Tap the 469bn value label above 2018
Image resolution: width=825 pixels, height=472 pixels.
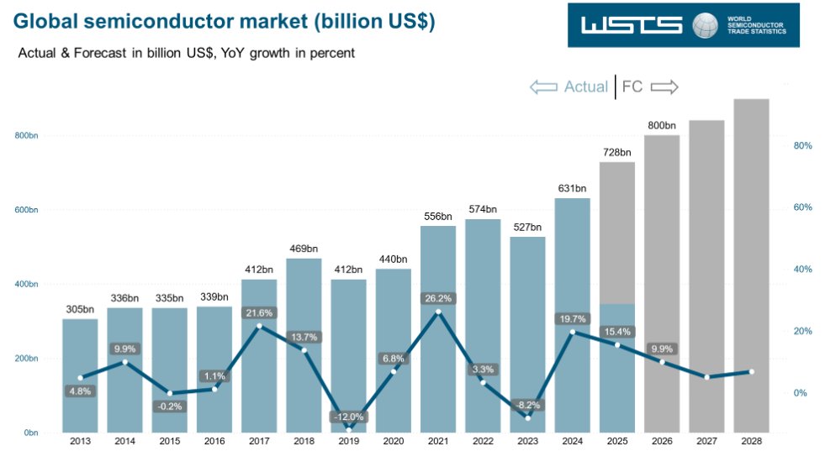[303, 249]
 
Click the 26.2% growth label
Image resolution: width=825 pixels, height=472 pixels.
[438, 297]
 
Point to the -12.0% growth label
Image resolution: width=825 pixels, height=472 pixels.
[348, 417]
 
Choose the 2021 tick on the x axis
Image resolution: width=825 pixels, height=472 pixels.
[438, 441]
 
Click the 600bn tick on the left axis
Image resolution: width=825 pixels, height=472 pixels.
[27, 210]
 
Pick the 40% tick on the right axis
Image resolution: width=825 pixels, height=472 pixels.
[802, 270]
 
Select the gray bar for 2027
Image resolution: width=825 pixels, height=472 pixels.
[706, 276]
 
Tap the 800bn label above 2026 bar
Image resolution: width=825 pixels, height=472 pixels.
[662, 125]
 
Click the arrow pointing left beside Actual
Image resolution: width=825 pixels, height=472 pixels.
[543, 87]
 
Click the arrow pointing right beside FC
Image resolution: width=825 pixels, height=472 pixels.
[664, 87]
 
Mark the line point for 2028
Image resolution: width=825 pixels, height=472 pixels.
[751, 371]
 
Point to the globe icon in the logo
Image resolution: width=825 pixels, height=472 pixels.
[705, 25]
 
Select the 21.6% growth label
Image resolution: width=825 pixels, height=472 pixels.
[259, 312]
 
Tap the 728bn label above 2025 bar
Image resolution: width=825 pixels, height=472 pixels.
[617, 152]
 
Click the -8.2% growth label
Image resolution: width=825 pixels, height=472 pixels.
[527, 404]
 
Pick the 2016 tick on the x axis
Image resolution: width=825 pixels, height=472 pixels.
[214, 441]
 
